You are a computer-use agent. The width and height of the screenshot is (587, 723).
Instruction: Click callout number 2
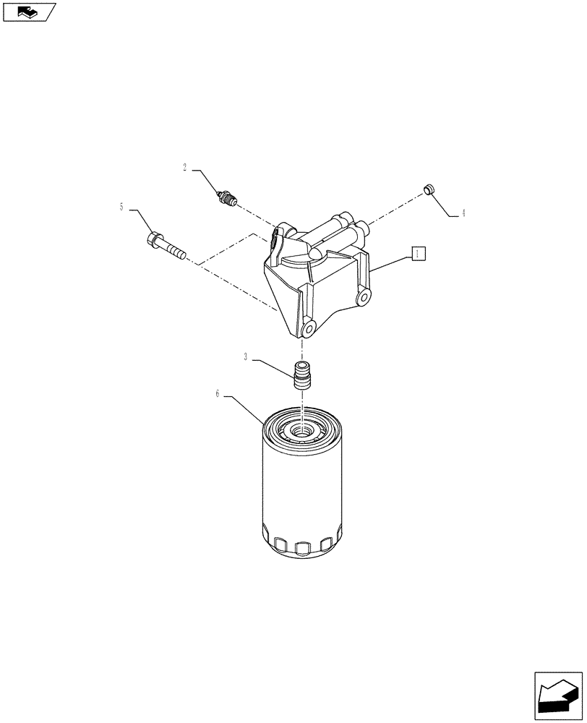point(184,168)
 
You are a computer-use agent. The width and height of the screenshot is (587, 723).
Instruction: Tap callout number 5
point(122,207)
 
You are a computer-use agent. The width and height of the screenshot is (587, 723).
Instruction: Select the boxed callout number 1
point(417,252)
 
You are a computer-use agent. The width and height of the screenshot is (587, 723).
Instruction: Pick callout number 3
point(247,356)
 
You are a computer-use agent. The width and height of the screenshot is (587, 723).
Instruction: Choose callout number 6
point(218,394)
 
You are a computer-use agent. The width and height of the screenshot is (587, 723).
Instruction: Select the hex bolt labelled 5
point(166,244)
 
